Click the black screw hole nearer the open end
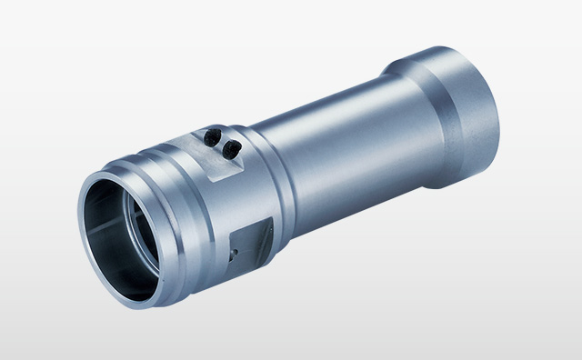click(212, 136)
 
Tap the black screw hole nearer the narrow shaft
click(233, 145)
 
